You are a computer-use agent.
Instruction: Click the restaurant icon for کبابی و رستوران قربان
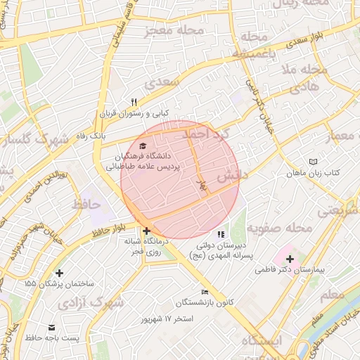(134, 101)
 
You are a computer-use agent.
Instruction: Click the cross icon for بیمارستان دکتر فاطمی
(290, 259)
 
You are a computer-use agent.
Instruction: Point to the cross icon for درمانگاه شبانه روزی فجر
(146, 231)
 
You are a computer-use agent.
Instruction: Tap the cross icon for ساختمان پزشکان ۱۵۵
(59, 273)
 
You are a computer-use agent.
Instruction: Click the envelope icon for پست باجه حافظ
(51, 328)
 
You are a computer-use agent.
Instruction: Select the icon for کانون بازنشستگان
(205, 292)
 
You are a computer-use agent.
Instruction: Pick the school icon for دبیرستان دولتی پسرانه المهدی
(221, 234)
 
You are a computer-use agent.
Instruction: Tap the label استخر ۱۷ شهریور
(167, 320)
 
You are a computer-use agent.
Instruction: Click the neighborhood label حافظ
(87, 205)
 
